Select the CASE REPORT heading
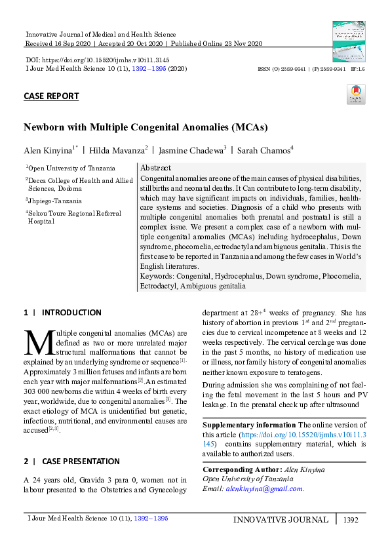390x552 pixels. pyautogui.click(x=51, y=96)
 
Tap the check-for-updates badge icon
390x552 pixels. pyautogui.click(x=355, y=94)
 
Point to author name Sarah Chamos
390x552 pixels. pyautogui.click(x=263, y=150)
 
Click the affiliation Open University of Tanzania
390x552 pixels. pyautogui.click(x=71, y=168)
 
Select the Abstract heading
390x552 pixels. pyautogui.click(x=155, y=168)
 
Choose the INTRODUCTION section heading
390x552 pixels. pyautogui.click(x=71, y=313)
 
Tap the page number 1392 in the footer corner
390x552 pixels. pyautogui.click(x=351, y=520)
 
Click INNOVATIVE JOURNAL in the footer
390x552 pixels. pyautogui.click(x=281, y=520)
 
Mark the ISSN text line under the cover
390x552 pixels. pyautogui.click(x=311, y=68)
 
